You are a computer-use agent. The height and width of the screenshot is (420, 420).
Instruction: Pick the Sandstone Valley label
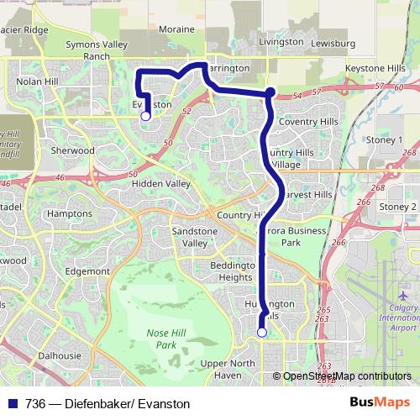(x=195, y=236)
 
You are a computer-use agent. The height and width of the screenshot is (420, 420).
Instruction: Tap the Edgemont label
(x=87, y=271)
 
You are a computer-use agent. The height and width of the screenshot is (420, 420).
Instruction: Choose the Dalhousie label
(x=59, y=355)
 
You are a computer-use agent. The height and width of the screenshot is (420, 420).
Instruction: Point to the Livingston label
(x=281, y=41)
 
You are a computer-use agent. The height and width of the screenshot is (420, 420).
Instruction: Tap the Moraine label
(x=176, y=29)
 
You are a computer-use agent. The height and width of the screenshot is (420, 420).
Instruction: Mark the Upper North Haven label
(x=228, y=368)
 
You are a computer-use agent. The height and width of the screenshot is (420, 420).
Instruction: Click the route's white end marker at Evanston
(x=145, y=116)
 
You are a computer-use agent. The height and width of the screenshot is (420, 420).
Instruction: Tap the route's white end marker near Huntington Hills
(x=261, y=333)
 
